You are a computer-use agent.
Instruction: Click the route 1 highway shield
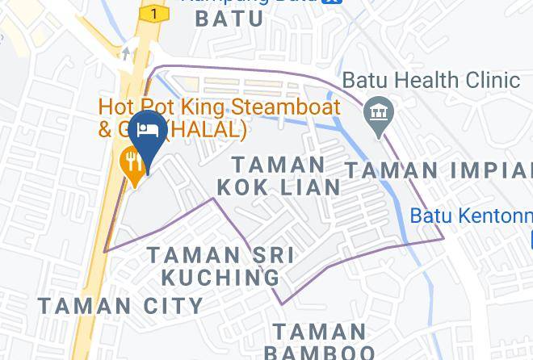(x=153, y=13)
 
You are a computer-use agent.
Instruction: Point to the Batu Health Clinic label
(x=431, y=81)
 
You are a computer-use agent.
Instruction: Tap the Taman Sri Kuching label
(x=220, y=266)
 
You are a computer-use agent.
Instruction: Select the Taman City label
(x=121, y=306)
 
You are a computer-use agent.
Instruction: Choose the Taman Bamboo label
(x=319, y=341)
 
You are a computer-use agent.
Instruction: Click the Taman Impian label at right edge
(x=439, y=170)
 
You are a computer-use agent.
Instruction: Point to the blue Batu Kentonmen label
(x=471, y=216)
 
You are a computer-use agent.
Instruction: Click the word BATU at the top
(x=229, y=18)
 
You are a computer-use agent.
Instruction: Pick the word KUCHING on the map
(x=220, y=277)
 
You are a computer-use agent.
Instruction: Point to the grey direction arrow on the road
(x=126, y=53)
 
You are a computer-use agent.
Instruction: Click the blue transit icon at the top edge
(x=330, y=2)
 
